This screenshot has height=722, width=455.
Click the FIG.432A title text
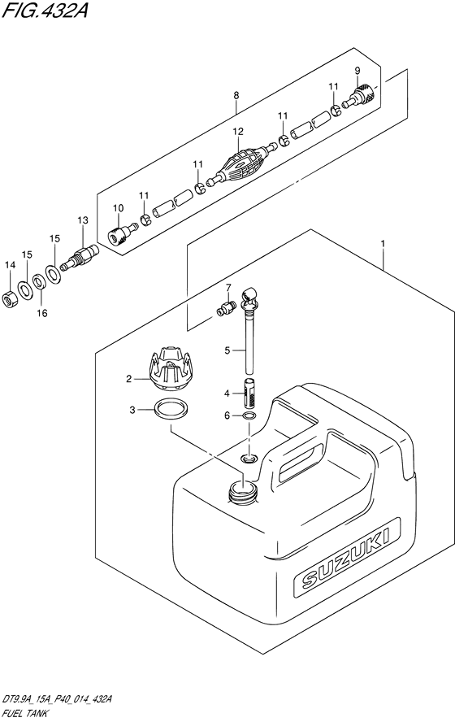[x=45, y=10]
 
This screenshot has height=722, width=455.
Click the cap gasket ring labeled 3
[x=171, y=409]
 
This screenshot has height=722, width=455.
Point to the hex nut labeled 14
[x=10, y=300]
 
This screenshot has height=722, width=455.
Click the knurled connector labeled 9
[x=362, y=95]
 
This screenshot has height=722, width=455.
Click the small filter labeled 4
[x=249, y=393]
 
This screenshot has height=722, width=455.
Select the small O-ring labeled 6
[x=249, y=416]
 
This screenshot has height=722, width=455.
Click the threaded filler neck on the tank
[x=242, y=492]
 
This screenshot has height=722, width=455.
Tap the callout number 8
[x=236, y=96]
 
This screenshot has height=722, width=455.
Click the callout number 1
[x=383, y=243]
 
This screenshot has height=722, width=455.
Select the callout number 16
[x=42, y=313]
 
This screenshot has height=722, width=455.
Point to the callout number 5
[x=227, y=351]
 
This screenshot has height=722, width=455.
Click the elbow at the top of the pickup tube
[x=252, y=296]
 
